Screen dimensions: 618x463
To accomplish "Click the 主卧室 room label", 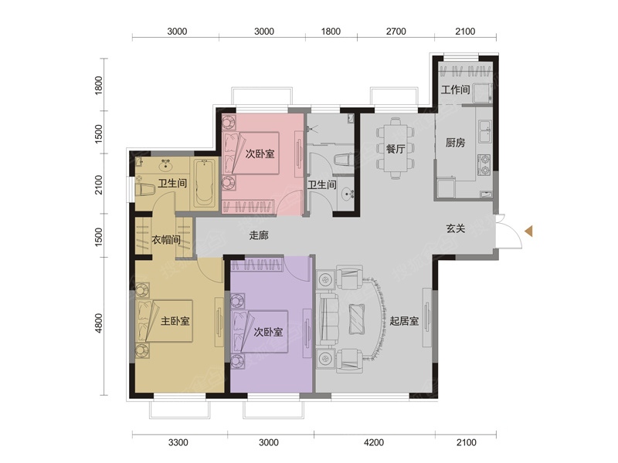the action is [175, 321].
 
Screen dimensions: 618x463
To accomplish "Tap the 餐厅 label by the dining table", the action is [396, 149].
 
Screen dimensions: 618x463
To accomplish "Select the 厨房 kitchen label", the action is [455, 143].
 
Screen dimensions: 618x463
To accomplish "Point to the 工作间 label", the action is [455, 90].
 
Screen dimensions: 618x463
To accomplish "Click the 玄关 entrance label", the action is [456, 228].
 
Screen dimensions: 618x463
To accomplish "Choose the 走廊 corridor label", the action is [259, 235].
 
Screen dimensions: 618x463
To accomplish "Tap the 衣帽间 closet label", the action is [166, 239].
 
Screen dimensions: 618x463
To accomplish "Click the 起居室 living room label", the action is [404, 321].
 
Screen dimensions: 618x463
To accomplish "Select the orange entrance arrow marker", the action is [529, 231].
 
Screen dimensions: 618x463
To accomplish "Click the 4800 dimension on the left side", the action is [99, 323].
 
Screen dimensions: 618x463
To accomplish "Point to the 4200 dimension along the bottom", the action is [374, 443].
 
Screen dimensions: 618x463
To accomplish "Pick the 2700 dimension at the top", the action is [396, 32].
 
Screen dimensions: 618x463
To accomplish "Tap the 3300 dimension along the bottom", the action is [178, 443].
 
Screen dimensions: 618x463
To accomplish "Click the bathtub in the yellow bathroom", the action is [204, 184].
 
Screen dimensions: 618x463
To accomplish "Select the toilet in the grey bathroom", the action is [343, 160].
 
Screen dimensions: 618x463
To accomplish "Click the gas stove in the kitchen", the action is [484, 165].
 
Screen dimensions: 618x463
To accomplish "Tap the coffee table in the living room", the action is [358, 319].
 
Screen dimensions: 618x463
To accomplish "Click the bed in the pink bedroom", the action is [250, 153].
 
